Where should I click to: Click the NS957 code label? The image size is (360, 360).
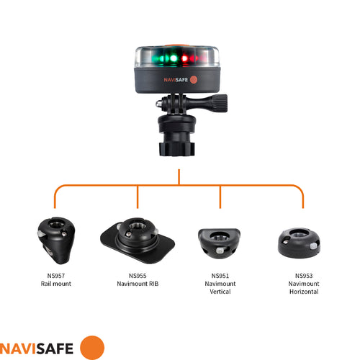coord(55,275)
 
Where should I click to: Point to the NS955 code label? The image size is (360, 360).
coord(138,275)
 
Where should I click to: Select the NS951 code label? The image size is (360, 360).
coord(220,276)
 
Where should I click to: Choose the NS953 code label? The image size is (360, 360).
coord(303,276)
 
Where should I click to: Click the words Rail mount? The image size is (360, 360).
coord(55,284)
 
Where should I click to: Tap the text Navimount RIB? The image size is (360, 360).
coord(138,284)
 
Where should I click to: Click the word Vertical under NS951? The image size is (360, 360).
coord(220,293)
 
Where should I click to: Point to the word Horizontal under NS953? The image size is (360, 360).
coord(303,293)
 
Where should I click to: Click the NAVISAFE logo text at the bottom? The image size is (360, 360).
coord(38,346)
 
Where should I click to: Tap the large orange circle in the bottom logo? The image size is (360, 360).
coord(91,346)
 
